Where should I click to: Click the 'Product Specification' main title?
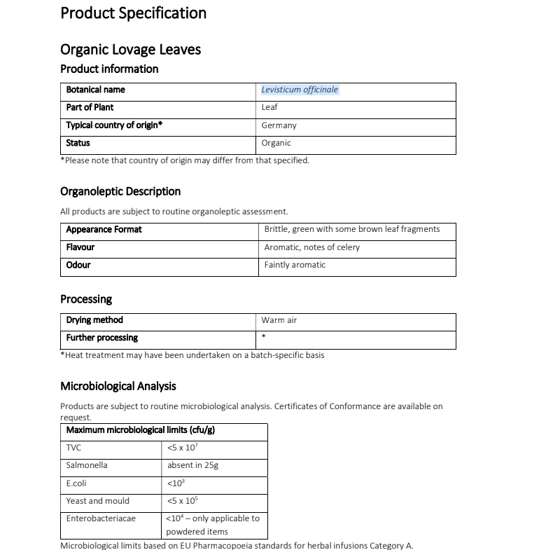[133, 13]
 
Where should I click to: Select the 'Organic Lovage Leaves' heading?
[131, 50]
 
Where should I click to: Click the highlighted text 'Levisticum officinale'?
[300, 90]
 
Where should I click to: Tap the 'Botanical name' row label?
[95, 90]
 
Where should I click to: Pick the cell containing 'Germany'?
[279, 125]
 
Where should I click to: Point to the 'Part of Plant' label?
[90, 107]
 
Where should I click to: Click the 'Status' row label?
[78, 143]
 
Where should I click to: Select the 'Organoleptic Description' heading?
[120, 191]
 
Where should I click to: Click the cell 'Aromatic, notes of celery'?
[312, 247]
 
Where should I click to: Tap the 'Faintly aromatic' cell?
[295, 265]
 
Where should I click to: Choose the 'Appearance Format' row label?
[104, 229]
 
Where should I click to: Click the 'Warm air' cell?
[279, 320]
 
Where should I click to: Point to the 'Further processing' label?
[101, 338]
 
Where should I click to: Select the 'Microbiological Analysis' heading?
[118, 386]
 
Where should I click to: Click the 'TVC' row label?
[73, 447]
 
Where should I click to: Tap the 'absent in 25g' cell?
[192, 465]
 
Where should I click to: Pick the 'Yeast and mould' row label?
[97, 501]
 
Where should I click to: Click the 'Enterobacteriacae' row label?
[101, 518]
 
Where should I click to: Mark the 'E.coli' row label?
[76, 483]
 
